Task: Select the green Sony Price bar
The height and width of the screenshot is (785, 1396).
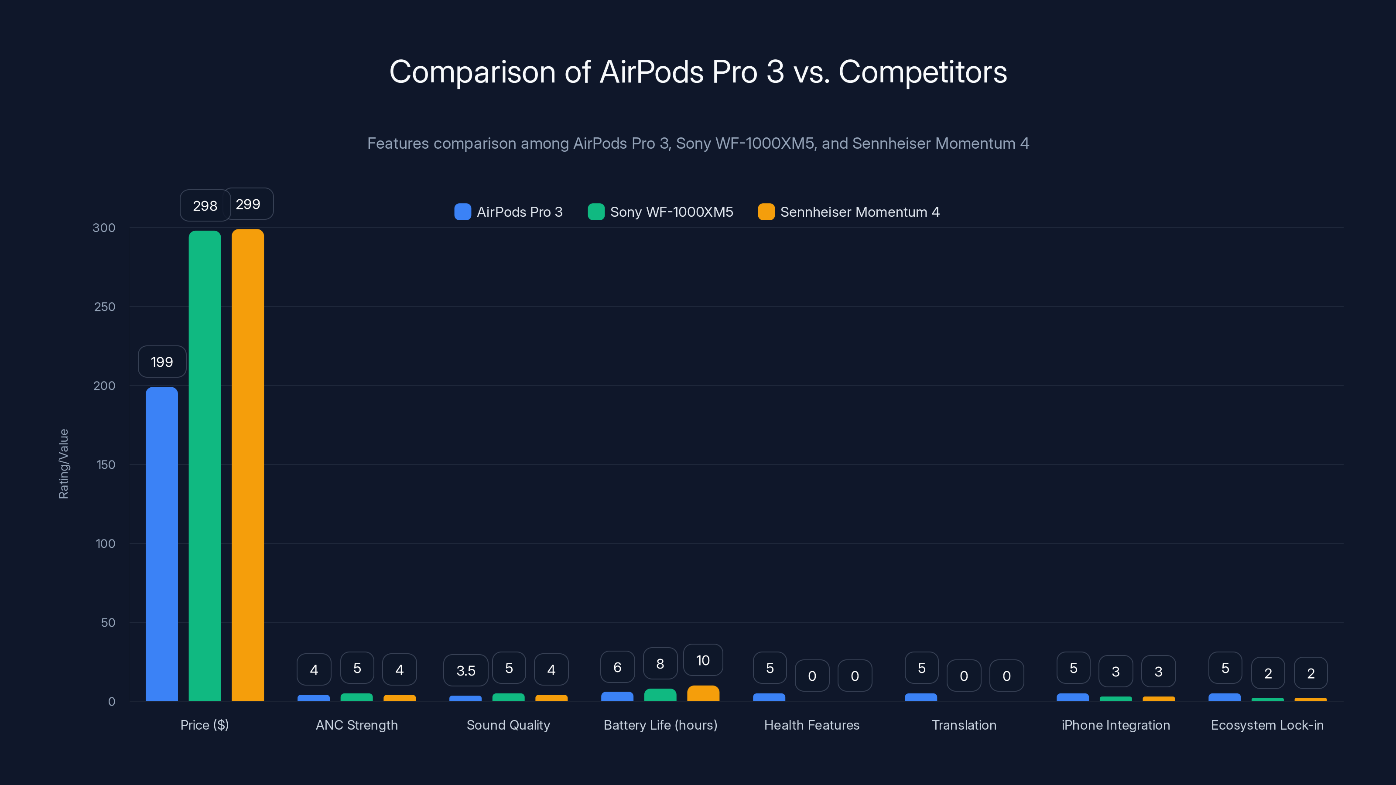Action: [205, 466]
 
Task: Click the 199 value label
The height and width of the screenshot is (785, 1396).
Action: [162, 362]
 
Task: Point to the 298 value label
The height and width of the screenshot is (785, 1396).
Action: [205, 206]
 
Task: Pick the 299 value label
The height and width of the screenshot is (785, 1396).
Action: [248, 204]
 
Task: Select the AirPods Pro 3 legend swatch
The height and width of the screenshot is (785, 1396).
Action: [462, 212]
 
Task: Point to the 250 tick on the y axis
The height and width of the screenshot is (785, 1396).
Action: [105, 307]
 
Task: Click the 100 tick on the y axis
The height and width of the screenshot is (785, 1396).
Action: [105, 543]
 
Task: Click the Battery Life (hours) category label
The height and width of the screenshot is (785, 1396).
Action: [660, 725]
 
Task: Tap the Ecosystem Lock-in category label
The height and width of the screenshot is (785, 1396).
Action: [1267, 725]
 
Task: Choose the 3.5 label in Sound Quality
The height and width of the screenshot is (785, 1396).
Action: [465, 671]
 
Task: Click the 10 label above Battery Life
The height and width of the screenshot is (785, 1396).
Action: [703, 660]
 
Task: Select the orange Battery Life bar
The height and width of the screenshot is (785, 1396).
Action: [703, 693]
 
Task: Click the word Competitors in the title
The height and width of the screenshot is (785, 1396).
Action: [922, 72]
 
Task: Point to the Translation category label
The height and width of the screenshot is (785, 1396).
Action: [964, 725]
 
